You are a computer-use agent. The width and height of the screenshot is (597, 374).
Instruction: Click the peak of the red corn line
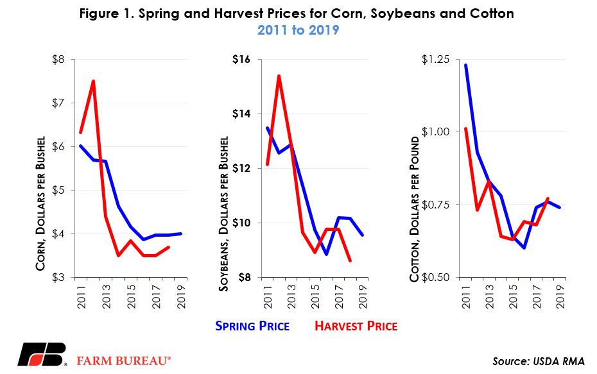pyautogui.click(x=93, y=81)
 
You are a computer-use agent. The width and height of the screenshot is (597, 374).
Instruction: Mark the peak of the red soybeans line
pyautogui.click(x=279, y=76)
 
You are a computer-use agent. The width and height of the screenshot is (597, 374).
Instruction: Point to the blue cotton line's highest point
pyautogui.click(x=465, y=65)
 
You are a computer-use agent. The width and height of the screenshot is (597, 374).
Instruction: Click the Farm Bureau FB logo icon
pyautogui.click(x=41, y=354)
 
